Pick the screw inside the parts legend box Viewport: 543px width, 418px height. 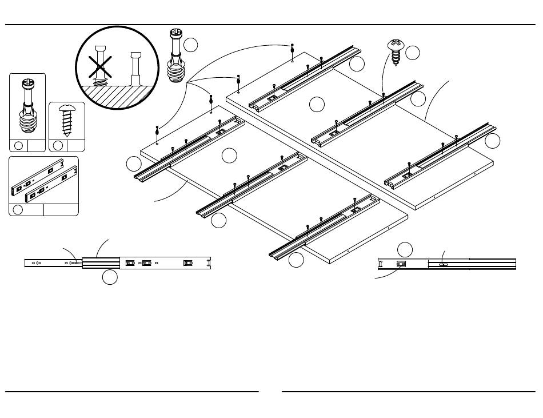(x=67, y=120)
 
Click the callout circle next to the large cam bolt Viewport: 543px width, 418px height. (x=191, y=45)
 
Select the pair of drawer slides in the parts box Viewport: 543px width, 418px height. (x=44, y=180)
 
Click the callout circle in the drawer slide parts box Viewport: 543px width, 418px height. (x=18, y=209)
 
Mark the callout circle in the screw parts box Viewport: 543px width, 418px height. (x=58, y=145)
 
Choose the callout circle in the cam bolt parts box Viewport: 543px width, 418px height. (x=18, y=145)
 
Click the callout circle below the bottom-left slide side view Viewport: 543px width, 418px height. (x=110, y=278)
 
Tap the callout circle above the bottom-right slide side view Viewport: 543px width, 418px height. (x=405, y=249)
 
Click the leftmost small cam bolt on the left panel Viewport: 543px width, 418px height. (x=157, y=130)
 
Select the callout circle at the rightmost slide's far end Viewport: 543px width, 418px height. (x=492, y=141)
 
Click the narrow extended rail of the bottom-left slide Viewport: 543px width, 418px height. (x=51, y=263)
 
